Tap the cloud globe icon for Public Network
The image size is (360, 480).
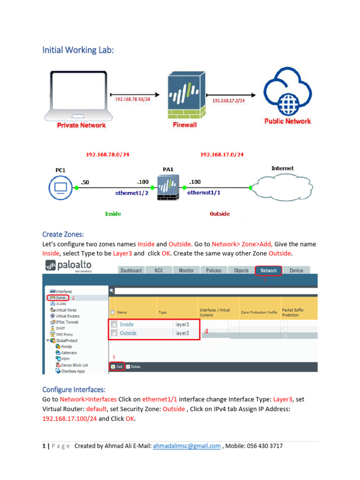pyautogui.click(x=287, y=92)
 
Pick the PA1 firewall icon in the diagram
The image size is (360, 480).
pyautogui.click(x=167, y=188)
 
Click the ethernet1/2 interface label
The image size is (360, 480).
pyautogui.click(x=132, y=193)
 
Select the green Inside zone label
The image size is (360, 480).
pyautogui.click(x=113, y=214)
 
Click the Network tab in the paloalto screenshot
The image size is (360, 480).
pyautogui.click(x=269, y=270)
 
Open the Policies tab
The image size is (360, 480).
pyautogui.click(x=214, y=270)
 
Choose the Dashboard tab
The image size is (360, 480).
pyautogui.click(x=131, y=270)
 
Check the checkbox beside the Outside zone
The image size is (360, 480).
pyautogui.click(x=113, y=333)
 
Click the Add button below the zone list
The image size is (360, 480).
pyautogui.click(x=117, y=367)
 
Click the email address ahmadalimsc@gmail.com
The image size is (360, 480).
pyautogui.click(x=187, y=446)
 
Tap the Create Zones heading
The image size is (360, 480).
pyautogui.click(x=63, y=234)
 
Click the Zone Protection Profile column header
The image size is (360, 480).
pyautogui.click(x=259, y=312)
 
